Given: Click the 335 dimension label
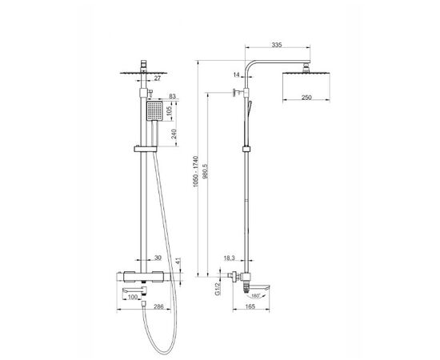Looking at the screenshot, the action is [x=277, y=45].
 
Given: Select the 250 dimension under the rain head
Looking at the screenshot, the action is [x=306, y=98].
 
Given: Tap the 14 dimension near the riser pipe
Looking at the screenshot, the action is [x=237, y=75].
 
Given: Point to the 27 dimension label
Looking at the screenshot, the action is [x=158, y=78].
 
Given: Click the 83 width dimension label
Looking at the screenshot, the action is [x=172, y=96].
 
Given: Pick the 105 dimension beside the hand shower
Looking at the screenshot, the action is [x=170, y=112].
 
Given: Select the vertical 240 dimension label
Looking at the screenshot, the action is [x=174, y=134].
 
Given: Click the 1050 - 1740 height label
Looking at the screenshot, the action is [x=195, y=171].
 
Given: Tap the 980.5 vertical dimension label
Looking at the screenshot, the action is [x=205, y=172].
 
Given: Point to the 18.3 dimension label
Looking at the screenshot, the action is [x=230, y=258].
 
